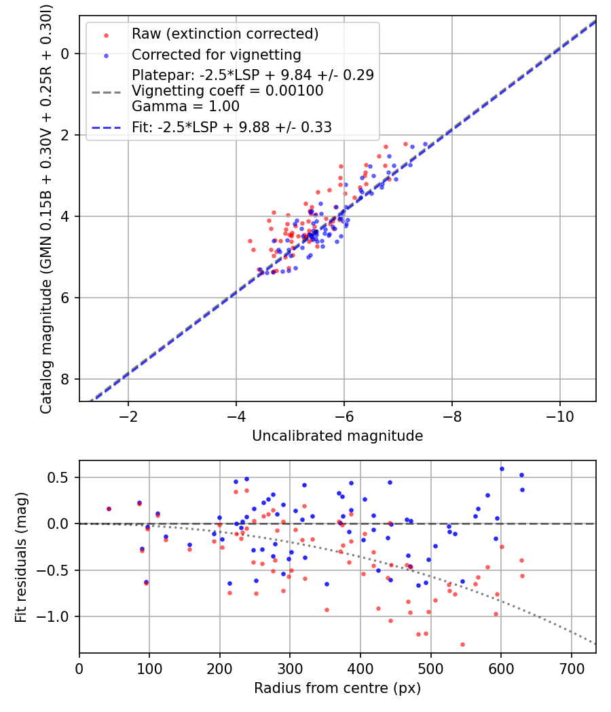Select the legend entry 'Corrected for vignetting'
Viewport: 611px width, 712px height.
click(216, 54)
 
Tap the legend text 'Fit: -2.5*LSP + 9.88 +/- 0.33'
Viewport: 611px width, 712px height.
click(232, 127)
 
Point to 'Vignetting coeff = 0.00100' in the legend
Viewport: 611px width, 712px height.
click(227, 90)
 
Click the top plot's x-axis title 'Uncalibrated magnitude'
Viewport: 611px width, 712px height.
click(337, 436)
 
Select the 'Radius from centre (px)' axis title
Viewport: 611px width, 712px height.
click(337, 688)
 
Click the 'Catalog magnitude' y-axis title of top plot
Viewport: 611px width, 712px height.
click(46, 209)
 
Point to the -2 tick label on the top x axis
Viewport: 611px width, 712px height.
click(128, 416)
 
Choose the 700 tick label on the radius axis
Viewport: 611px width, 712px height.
click(571, 668)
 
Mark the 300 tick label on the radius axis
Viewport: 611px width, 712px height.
click(290, 668)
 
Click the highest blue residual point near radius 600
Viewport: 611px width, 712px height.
click(502, 469)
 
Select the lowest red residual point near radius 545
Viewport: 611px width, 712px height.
click(462, 644)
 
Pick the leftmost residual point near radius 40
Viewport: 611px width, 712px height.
click(109, 509)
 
